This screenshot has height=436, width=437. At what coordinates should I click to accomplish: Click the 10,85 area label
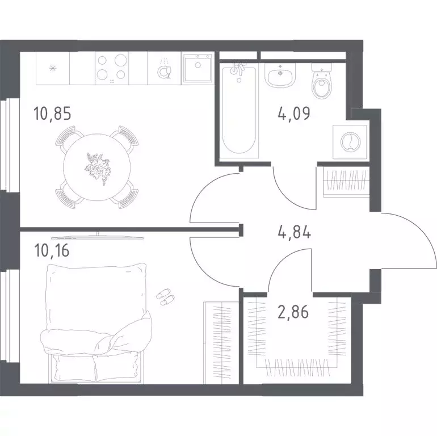coord(52,114)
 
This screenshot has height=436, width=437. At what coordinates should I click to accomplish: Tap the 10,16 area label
coord(52,250)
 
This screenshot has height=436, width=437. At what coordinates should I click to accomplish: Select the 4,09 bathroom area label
coord(294,113)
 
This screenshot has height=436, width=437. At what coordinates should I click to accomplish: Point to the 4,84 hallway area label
coord(295,232)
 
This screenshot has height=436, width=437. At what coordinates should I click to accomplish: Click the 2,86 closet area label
coord(293,312)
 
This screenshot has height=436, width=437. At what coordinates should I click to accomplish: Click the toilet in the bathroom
coord(321,81)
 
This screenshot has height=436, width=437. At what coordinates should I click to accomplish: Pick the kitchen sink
coord(198,68)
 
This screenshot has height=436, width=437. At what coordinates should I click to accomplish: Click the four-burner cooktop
coord(112,68)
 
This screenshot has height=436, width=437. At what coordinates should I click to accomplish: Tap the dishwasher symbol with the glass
coord(164,70)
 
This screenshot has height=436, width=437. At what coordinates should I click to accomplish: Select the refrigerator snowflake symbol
coord(53,68)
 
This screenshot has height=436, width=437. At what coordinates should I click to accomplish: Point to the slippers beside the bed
coord(166,296)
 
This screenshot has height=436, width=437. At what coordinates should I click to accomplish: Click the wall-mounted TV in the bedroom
coord(98,237)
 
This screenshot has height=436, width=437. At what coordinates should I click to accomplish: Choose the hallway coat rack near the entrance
coord(346,182)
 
